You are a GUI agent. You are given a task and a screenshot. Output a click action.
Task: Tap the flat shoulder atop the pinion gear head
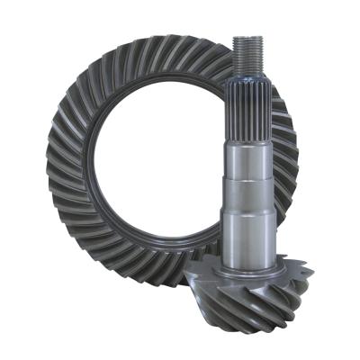(x=247, y=256)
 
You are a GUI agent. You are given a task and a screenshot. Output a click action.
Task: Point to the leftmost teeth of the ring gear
(x=59, y=162)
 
